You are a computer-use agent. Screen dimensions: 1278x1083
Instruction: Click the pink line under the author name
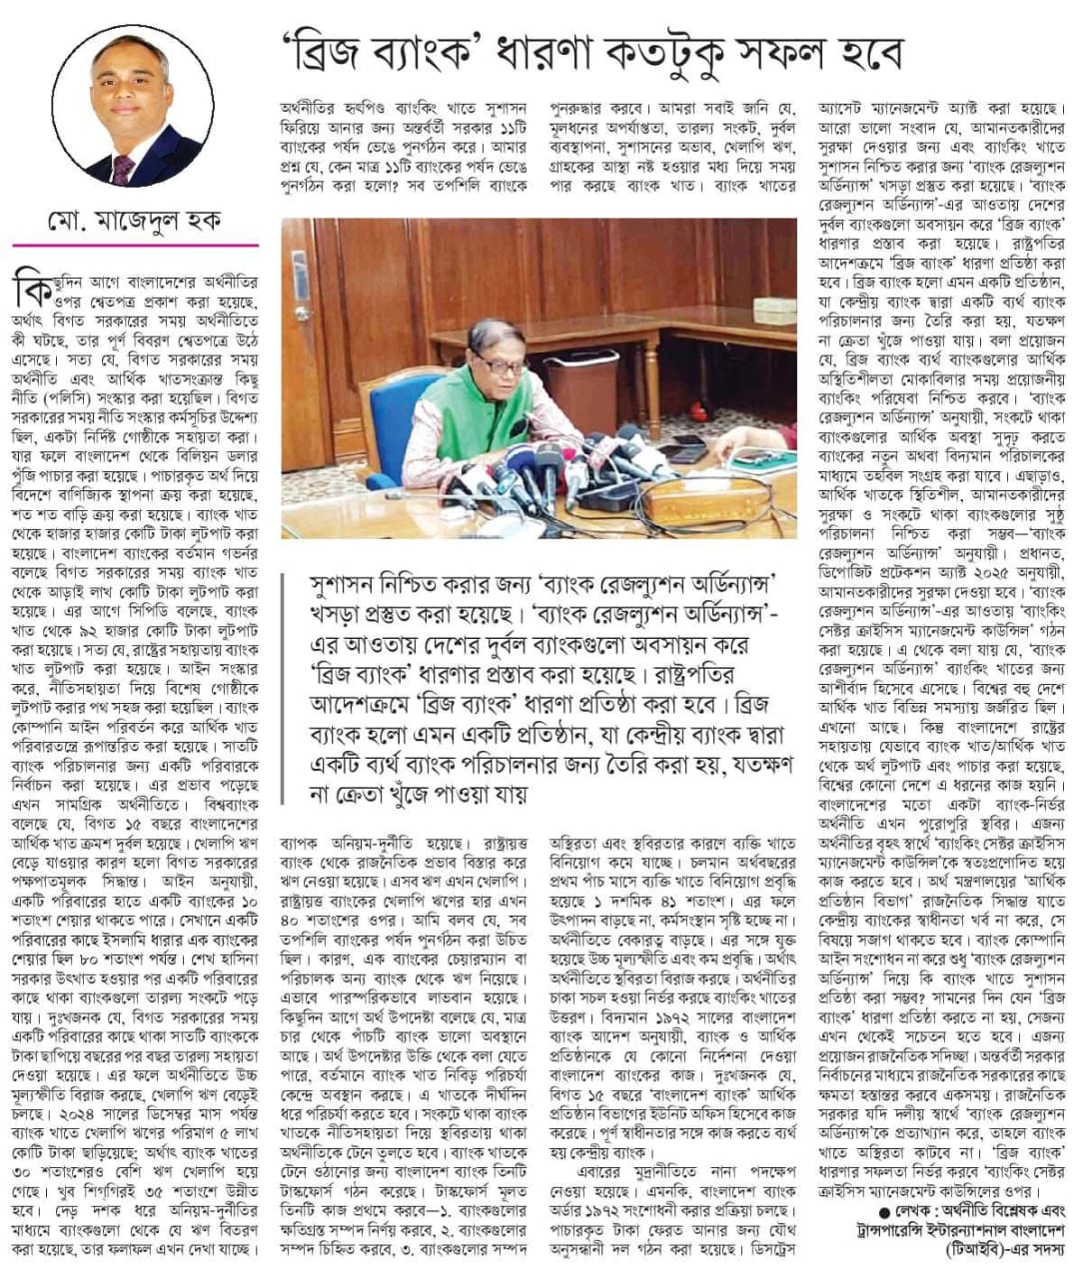click(x=135, y=245)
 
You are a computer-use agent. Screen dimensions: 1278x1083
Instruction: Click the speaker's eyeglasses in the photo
click(x=499, y=364)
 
